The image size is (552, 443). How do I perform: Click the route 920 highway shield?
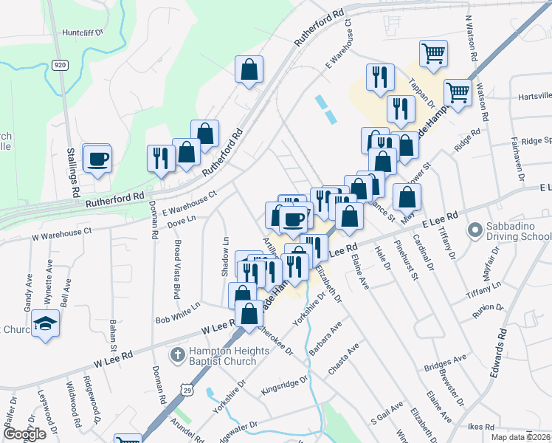point(61,65)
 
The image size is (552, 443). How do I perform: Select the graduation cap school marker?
point(46,324)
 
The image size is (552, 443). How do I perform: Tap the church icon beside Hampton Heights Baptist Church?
point(177,355)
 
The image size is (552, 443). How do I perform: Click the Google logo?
point(24,434)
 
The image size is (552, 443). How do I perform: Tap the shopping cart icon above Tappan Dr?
point(433,52)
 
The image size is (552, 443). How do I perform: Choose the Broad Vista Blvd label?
point(177,269)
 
